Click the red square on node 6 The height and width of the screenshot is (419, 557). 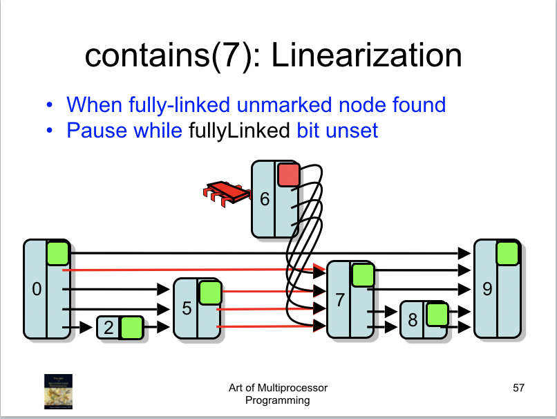[x=288, y=175]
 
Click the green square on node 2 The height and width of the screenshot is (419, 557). [x=131, y=328]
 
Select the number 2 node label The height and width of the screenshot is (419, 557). [x=108, y=328]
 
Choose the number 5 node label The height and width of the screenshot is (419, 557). [x=187, y=308]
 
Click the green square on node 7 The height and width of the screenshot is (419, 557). [x=362, y=275]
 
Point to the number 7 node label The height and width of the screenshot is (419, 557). [x=339, y=300]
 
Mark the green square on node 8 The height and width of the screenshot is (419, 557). [x=436, y=315]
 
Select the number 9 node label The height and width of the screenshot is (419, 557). [x=487, y=290]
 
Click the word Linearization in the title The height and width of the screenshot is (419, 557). [x=366, y=55]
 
